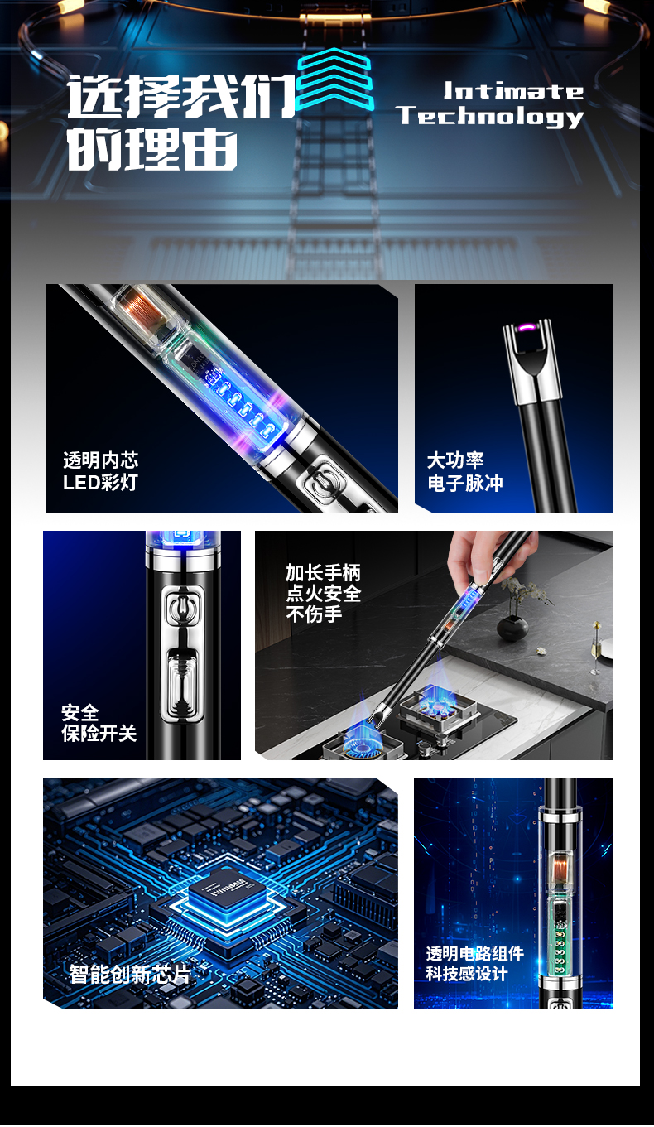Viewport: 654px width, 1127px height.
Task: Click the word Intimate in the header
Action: (x=513, y=92)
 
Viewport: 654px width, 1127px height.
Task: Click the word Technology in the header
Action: (x=490, y=117)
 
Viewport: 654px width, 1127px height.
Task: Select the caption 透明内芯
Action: (x=101, y=460)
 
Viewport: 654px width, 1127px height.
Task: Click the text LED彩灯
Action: (x=100, y=483)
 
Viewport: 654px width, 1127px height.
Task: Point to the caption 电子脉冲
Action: (x=465, y=483)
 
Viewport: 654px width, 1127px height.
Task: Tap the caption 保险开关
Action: (x=99, y=734)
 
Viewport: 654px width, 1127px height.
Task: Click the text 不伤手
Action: (x=314, y=614)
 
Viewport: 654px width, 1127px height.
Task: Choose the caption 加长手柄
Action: (x=323, y=572)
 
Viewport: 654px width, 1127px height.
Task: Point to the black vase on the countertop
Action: (x=512, y=628)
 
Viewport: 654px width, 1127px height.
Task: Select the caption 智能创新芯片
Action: (x=130, y=975)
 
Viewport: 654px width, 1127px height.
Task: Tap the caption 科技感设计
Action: (x=466, y=973)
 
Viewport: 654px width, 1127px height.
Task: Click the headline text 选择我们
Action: (x=181, y=97)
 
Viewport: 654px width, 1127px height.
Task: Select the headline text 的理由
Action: (x=153, y=148)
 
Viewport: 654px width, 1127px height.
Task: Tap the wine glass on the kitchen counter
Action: (x=596, y=648)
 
